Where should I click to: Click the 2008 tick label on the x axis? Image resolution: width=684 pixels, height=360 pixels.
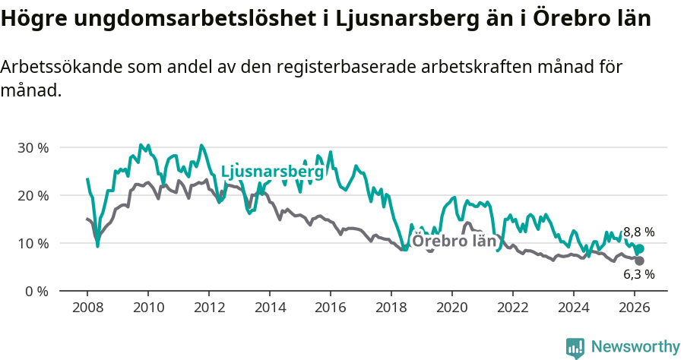tap(87, 308)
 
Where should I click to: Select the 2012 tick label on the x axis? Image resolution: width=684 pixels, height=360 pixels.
tap(209, 308)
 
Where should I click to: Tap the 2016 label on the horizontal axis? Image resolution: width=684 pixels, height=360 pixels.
tap(331, 308)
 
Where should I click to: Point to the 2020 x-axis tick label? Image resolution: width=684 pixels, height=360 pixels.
tap(452, 308)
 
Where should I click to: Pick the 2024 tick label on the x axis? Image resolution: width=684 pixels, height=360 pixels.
tap(574, 308)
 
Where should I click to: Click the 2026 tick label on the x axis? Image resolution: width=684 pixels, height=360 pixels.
tap(635, 308)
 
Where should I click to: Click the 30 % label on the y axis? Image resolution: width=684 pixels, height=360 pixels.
tap(33, 147)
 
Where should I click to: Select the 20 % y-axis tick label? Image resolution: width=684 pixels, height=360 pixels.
tap(33, 195)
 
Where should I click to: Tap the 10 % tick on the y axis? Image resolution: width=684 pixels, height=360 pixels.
tap(33, 243)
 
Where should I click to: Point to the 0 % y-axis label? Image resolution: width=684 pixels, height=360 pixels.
tap(36, 291)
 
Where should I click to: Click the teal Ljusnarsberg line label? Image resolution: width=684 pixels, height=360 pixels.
tap(272, 172)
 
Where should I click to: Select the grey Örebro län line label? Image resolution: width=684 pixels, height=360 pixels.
tap(454, 242)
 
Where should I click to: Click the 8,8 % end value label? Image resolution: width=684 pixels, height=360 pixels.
tap(639, 232)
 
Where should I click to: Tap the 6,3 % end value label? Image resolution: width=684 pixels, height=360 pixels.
tap(639, 274)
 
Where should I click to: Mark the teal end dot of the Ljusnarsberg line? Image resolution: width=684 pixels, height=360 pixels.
tap(640, 249)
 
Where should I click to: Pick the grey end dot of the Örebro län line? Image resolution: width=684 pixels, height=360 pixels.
tap(640, 261)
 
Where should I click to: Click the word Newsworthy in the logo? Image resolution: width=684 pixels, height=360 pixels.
tap(635, 347)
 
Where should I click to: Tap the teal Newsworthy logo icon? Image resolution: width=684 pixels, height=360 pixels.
tap(575, 348)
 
